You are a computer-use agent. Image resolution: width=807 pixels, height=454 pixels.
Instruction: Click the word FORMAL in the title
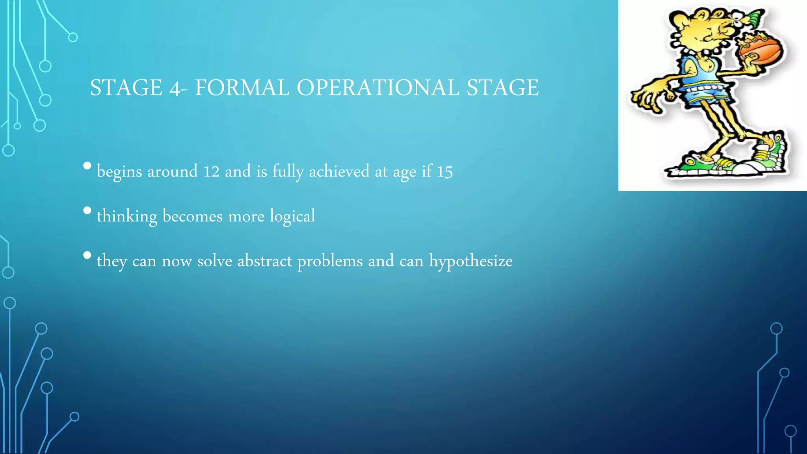(242, 87)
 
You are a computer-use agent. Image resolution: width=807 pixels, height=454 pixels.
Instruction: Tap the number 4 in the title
(174, 88)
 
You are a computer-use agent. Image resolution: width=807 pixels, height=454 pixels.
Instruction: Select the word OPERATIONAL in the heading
(378, 87)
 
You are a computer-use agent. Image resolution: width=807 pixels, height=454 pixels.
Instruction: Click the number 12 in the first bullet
(211, 171)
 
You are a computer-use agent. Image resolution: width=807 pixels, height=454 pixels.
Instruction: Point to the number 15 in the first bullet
(444, 172)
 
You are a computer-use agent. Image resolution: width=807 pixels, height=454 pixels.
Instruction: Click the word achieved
(339, 171)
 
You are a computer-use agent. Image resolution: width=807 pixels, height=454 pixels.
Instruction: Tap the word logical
(292, 216)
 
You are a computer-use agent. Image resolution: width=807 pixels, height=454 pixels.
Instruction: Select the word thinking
(127, 216)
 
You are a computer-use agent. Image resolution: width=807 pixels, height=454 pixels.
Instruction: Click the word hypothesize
(471, 261)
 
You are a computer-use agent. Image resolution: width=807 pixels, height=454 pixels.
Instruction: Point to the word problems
(330, 261)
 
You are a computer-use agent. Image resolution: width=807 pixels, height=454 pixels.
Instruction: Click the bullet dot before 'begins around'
(87, 166)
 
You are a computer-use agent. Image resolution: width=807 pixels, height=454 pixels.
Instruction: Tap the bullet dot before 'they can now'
(87, 255)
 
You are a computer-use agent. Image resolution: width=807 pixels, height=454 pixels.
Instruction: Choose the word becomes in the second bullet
(192, 216)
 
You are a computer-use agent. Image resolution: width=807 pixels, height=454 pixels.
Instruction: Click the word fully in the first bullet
(288, 172)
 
